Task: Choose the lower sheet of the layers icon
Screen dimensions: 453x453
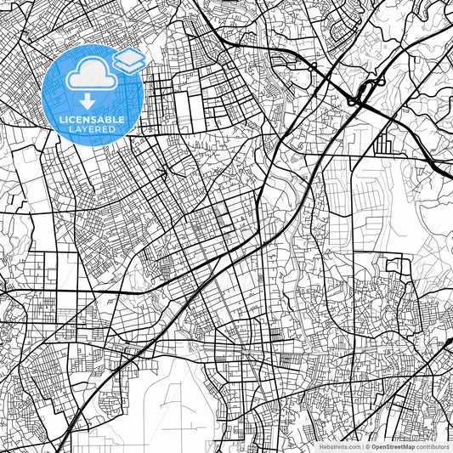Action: pyautogui.click(x=128, y=65)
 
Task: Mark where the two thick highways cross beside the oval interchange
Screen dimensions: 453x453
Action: pyautogui.click(x=352, y=101)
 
